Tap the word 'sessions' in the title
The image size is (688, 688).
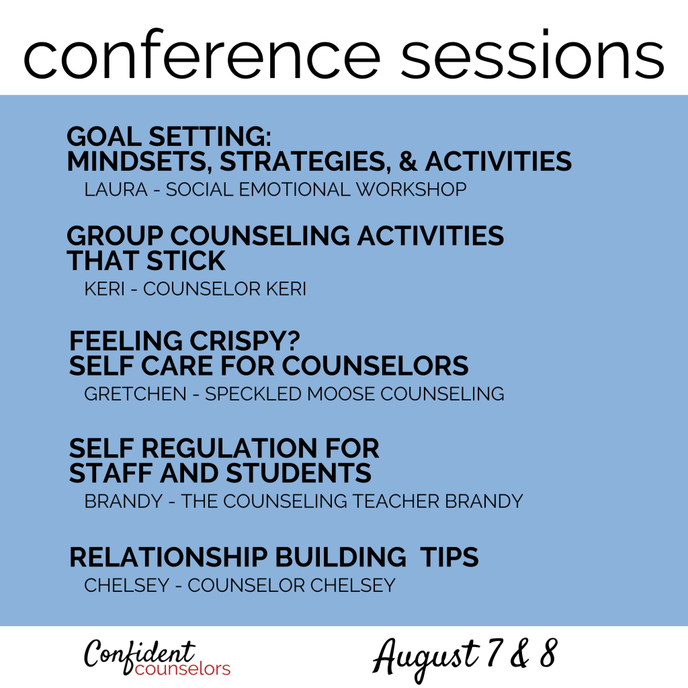[x=532, y=55]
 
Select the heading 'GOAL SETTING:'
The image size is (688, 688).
[x=169, y=136]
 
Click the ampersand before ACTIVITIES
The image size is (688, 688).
[x=408, y=161]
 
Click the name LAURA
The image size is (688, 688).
[x=116, y=189]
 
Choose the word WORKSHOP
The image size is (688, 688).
[x=411, y=189]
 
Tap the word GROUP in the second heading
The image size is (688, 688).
[x=115, y=236]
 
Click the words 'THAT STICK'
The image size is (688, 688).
[x=146, y=261]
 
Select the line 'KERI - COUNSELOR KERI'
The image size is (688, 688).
[x=196, y=289]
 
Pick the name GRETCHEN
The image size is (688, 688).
[x=135, y=394]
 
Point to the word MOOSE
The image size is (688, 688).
[x=341, y=394]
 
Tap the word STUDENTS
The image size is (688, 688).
[x=298, y=473]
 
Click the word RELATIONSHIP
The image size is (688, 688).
[x=169, y=557]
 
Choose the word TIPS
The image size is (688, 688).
[x=449, y=557]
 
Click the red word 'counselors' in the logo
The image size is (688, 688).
[x=183, y=669]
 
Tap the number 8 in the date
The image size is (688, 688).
[x=548, y=653]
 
